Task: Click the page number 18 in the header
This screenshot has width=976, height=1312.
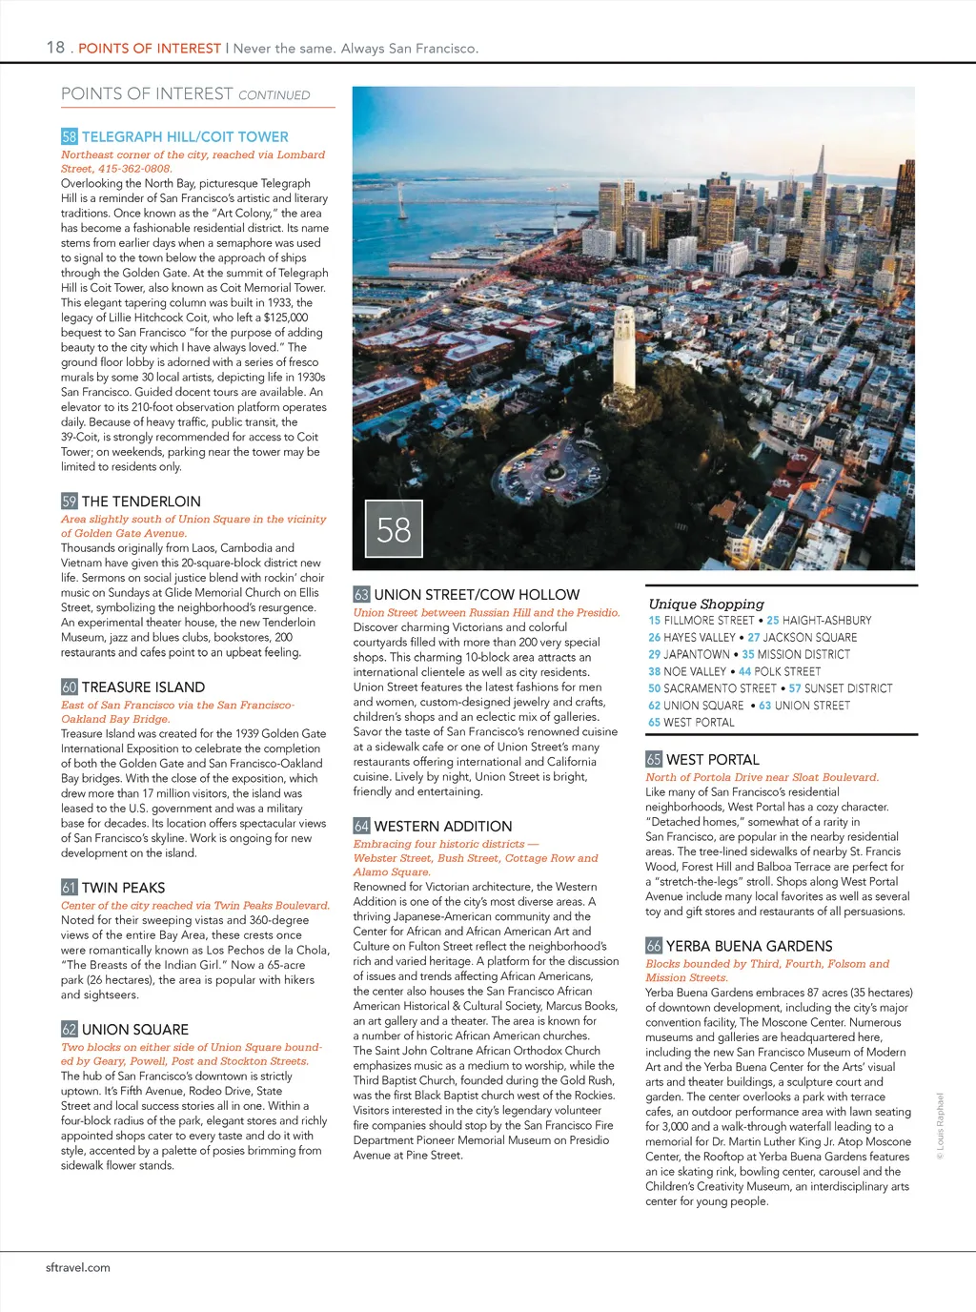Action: pos(55,47)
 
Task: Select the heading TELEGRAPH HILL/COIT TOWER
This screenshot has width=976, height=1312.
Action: pos(184,137)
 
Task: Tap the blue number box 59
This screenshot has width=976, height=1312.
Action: pos(70,502)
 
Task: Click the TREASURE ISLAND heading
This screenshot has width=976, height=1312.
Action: pos(143,687)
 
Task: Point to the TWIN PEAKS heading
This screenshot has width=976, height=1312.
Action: pos(123,888)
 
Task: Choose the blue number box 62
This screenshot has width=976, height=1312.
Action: pos(70,1030)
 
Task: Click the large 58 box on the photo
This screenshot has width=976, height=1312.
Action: pos(394,530)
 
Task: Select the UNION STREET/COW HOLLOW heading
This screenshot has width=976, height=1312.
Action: pos(477,595)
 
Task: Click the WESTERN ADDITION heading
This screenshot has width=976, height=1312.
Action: pos(442,827)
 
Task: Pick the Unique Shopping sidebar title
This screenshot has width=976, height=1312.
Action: pos(706,604)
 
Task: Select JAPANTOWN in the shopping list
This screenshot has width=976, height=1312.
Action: pos(696,655)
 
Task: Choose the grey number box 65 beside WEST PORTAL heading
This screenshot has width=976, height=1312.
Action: pos(654,760)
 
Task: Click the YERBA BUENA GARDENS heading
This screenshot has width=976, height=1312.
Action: pos(749,947)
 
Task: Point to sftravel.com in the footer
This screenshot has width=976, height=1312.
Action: pos(78,1268)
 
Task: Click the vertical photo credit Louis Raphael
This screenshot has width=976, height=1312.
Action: pos(940,1125)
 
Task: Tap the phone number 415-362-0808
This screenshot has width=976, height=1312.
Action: pos(135,169)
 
